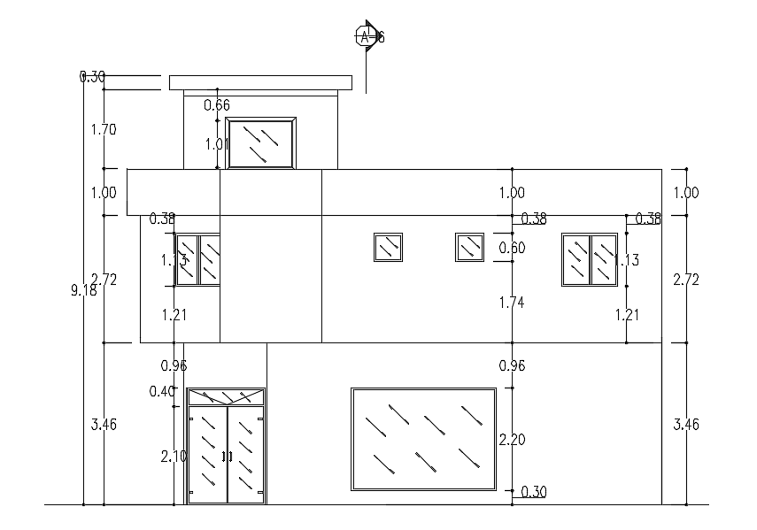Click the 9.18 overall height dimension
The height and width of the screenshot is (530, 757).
(x=83, y=289)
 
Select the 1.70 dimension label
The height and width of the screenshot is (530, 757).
(x=104, y=129)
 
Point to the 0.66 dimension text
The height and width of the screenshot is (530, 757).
(x=217, y=105)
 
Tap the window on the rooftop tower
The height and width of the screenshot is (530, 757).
(x=260, y=142)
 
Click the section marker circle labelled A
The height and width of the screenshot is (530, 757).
(x=365, y=36)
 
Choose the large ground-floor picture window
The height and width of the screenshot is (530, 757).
(x=423, y=438)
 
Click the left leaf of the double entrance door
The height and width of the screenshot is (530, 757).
(x=207, y=454)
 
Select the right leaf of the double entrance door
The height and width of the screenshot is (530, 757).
(x=246, y=454)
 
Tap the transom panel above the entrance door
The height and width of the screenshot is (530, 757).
(x=227, y=396)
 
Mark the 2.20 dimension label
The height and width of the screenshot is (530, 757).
(x=512, y=440)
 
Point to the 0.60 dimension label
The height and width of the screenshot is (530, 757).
(x=512, y=248)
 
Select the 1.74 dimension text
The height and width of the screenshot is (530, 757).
(x=512, y=303)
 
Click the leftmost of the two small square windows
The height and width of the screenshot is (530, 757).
(x=388, y=247)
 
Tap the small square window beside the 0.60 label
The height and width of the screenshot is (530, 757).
(x=469, y=247)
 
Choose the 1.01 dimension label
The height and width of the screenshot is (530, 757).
(x=217, y=143)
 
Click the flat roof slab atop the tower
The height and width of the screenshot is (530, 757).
(x=260, y=83)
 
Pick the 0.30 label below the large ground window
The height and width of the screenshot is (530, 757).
(x=533, y=491)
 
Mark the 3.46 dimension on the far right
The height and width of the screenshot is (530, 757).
(x=686, y=424)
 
